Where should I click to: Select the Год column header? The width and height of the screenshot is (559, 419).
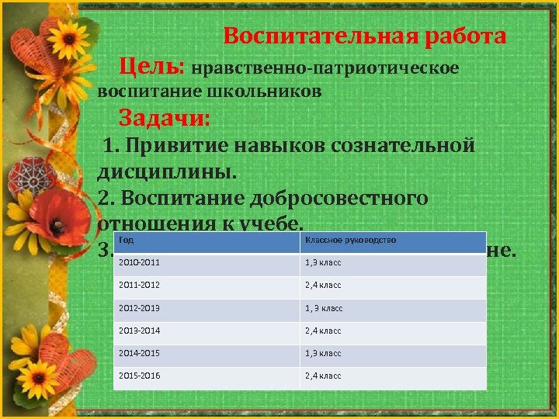click(x=126, y=241)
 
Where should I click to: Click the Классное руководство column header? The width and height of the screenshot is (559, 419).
click(x=351, y=241)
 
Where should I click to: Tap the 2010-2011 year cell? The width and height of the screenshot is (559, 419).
click(x=137, y=263)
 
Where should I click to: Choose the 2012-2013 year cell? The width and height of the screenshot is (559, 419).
click(x=137, y=308)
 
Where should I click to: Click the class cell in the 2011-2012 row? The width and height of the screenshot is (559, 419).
click(x=324, y=286)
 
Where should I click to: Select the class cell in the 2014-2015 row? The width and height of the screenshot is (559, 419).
click(x=324, y=353)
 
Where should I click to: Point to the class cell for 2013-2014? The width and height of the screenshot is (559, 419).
click(x=324, y=331)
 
